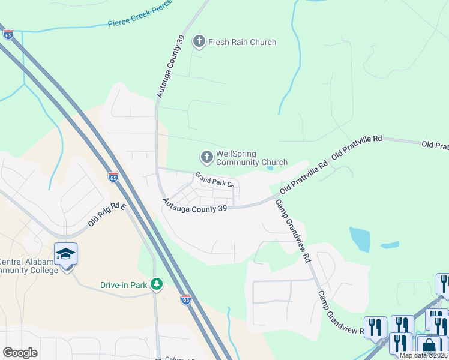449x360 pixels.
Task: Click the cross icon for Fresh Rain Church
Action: point(199,42)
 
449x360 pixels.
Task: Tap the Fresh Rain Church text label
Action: point(242,42)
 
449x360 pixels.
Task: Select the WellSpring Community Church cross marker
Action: point(206,158)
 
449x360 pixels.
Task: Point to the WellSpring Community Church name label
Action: point(251,158)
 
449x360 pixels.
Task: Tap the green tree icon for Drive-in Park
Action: point(157,283)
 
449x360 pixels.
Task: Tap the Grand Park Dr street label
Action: point(212,179)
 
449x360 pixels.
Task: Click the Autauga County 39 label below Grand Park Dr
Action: point(194,207)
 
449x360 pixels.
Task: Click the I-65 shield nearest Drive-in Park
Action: point(186,299)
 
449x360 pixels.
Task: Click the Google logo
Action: point(20,353)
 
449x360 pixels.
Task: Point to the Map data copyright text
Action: point(424,355)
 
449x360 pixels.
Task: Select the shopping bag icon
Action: point(429,346)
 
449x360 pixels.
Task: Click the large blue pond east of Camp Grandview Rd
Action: point(360,239)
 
